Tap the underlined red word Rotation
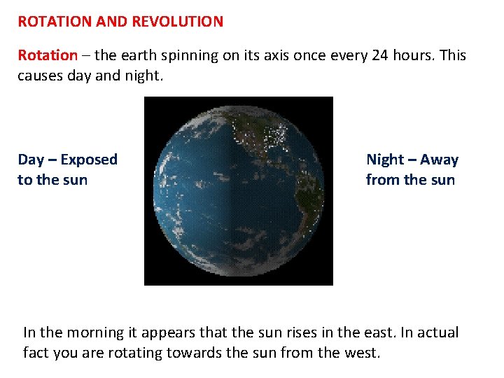[47, 55]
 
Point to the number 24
[381, 55]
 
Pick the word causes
[41, 75]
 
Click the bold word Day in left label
[31, 160]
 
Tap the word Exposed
[89, 160]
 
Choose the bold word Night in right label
[385, 160]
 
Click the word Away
[439, 160]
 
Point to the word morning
[93, 332]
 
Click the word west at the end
[360, 352]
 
